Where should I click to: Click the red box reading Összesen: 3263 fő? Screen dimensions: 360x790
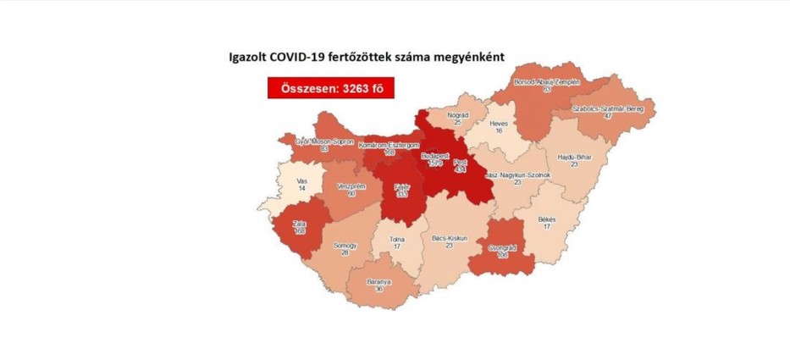click(x=331, y=88)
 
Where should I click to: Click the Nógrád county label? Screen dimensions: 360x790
click(x=456, y=114)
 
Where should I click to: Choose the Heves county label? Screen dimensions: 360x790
click(x=503, y=125)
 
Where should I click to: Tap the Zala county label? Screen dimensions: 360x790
click(x=299, y=223)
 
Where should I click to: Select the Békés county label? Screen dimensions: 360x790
click(x=548, y=219)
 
